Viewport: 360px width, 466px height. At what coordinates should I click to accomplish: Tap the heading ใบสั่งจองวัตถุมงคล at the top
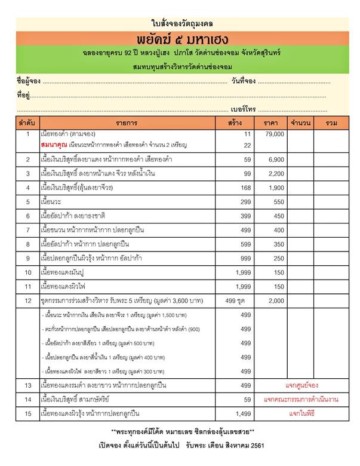pyautogui.click(x=180, y=23)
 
